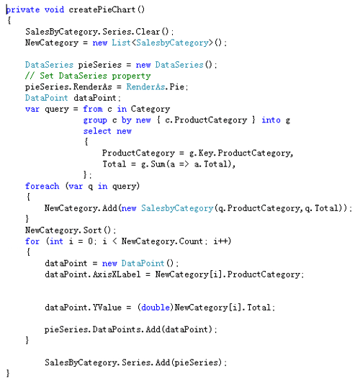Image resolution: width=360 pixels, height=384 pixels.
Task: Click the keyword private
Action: [x=23, y=10]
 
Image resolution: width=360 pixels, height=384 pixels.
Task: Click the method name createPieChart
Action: [x=102, y=9]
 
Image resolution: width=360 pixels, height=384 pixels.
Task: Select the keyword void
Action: [x=54, y=9]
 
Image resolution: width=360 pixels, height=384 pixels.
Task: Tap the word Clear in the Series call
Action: [x=148, y=32]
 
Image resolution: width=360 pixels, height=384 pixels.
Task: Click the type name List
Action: [x=122, y=43]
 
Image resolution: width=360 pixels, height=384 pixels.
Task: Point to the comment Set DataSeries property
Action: [x=95, y=76]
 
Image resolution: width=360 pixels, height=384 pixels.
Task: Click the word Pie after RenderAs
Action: [x=177, y=86]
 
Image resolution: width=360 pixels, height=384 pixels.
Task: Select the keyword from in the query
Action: [x=93, y=109]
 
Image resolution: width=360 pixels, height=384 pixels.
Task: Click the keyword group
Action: [x=95, y=120]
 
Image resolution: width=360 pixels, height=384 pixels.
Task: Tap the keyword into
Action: [x=271, y=120]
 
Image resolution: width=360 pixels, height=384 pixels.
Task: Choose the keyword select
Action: [x=97, y=131]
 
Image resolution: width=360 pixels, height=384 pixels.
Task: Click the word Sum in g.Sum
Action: [x=158, y=164]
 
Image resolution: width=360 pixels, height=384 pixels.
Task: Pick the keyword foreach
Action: [x=42, y=186]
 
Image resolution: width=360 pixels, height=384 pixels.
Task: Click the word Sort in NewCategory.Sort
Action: [x=92, y=231]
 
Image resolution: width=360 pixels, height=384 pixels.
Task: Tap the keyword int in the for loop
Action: [x=56, y=241]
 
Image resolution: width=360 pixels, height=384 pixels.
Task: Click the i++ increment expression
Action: [x=221, y=241]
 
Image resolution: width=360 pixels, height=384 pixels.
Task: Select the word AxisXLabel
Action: [x=117, y=274]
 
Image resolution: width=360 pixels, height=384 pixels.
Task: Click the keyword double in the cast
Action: [x=156, y=308]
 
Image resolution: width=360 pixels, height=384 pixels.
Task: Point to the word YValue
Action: [x=107, y=308]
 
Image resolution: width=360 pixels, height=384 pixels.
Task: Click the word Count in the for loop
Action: [x=191, y=241]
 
